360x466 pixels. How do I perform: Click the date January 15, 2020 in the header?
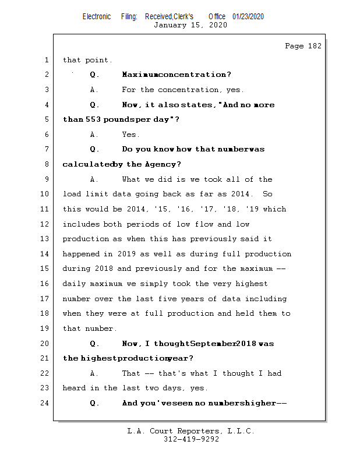[190, 25]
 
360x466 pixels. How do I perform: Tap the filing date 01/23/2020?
[248, 16]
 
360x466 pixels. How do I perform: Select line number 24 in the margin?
[45, 403]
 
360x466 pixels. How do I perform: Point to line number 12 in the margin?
[45, 224]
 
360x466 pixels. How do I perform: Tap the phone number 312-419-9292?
[191, 439]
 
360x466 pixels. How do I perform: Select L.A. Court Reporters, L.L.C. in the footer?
[191, 431]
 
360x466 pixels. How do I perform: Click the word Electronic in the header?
[97, 16]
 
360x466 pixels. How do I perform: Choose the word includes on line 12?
[81, 224]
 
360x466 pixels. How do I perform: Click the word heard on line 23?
[74, 388]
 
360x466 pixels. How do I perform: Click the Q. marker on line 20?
[95, 344]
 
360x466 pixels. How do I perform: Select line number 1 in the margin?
[47, 60]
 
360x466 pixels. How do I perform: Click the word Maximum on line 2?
[140, 75]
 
